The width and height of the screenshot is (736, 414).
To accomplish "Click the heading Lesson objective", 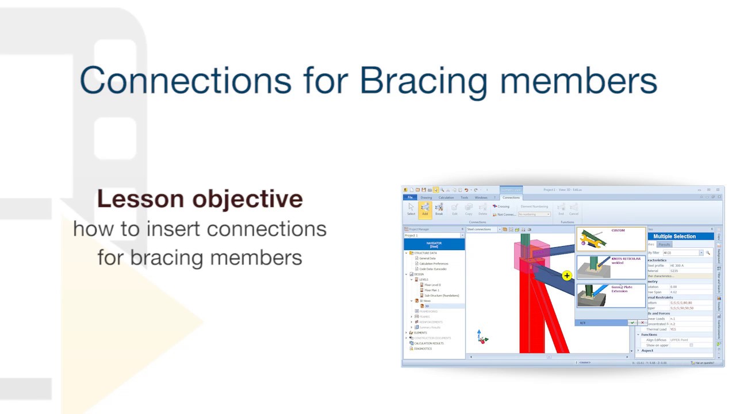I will pos(200,199).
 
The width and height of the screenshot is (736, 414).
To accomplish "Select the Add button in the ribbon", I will pos(425,209).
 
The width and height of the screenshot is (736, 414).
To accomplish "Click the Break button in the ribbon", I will pos(439,209).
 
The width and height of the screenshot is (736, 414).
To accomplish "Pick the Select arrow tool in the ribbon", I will pos(411,209).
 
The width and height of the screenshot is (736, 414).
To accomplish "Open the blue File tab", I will pos(410,197).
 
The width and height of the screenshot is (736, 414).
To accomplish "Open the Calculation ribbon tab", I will pos(446,197).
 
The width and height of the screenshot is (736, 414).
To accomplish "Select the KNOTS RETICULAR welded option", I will pos(611,267).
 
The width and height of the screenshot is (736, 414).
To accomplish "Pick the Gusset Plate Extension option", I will pos(611,295).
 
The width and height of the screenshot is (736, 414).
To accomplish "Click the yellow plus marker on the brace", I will pos(566,276).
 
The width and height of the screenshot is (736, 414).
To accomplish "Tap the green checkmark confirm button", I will pos(632,323).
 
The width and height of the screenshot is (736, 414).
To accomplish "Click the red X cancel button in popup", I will pos(642,323).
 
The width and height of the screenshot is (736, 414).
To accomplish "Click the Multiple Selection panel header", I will pos(674,236).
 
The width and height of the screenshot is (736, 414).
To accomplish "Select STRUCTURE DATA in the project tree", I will pos(425,253).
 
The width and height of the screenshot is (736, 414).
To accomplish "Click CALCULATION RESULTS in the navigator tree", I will pos(428,343).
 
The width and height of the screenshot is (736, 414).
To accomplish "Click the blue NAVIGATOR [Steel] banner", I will pos(434,244).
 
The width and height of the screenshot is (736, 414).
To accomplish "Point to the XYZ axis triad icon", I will pos(482,338).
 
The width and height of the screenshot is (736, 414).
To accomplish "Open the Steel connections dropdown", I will pos(483,229).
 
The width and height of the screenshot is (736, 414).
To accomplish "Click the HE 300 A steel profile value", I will pos(677,266).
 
